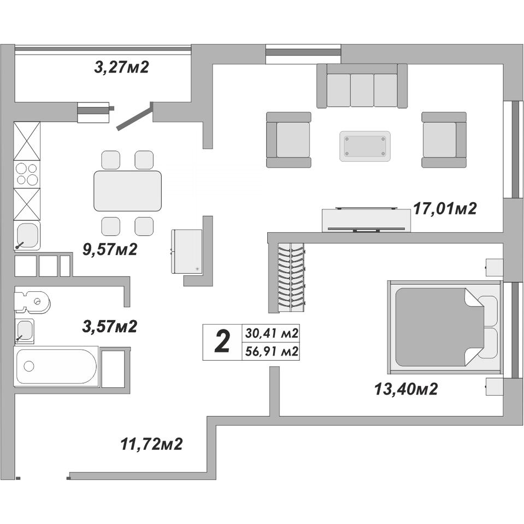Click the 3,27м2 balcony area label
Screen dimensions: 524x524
[121, 68]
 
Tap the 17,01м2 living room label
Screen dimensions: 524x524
[445, 209]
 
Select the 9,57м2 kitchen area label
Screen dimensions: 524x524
[110, 249]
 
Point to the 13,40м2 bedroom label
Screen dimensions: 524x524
[406, 389]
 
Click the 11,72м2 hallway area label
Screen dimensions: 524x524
[151, 444]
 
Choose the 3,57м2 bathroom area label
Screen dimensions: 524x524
[110, 326]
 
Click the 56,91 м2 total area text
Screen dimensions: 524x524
[272, 351]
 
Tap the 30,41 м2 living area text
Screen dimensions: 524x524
[272, 333]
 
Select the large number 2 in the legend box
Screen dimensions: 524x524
[222, 342]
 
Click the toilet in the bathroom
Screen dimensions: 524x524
[32, 302]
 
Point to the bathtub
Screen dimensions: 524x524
[56, 367]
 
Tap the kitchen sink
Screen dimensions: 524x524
[27, 235]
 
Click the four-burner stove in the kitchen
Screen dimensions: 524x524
[27, 174]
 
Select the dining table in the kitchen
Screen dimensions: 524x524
[128, 191]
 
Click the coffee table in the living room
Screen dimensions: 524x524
[365, 146]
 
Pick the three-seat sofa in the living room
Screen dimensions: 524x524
[362, 86]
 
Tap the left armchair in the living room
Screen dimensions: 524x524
[289, 140]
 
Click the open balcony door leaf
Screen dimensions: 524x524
[134, 116]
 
